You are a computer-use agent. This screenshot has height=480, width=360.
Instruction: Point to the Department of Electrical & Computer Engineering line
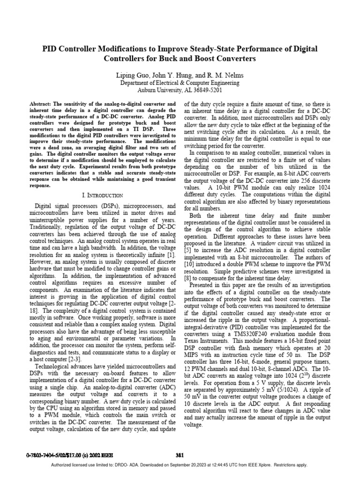(x=180, y=83)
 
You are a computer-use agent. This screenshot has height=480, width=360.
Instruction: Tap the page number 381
(x=179, y=454)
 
